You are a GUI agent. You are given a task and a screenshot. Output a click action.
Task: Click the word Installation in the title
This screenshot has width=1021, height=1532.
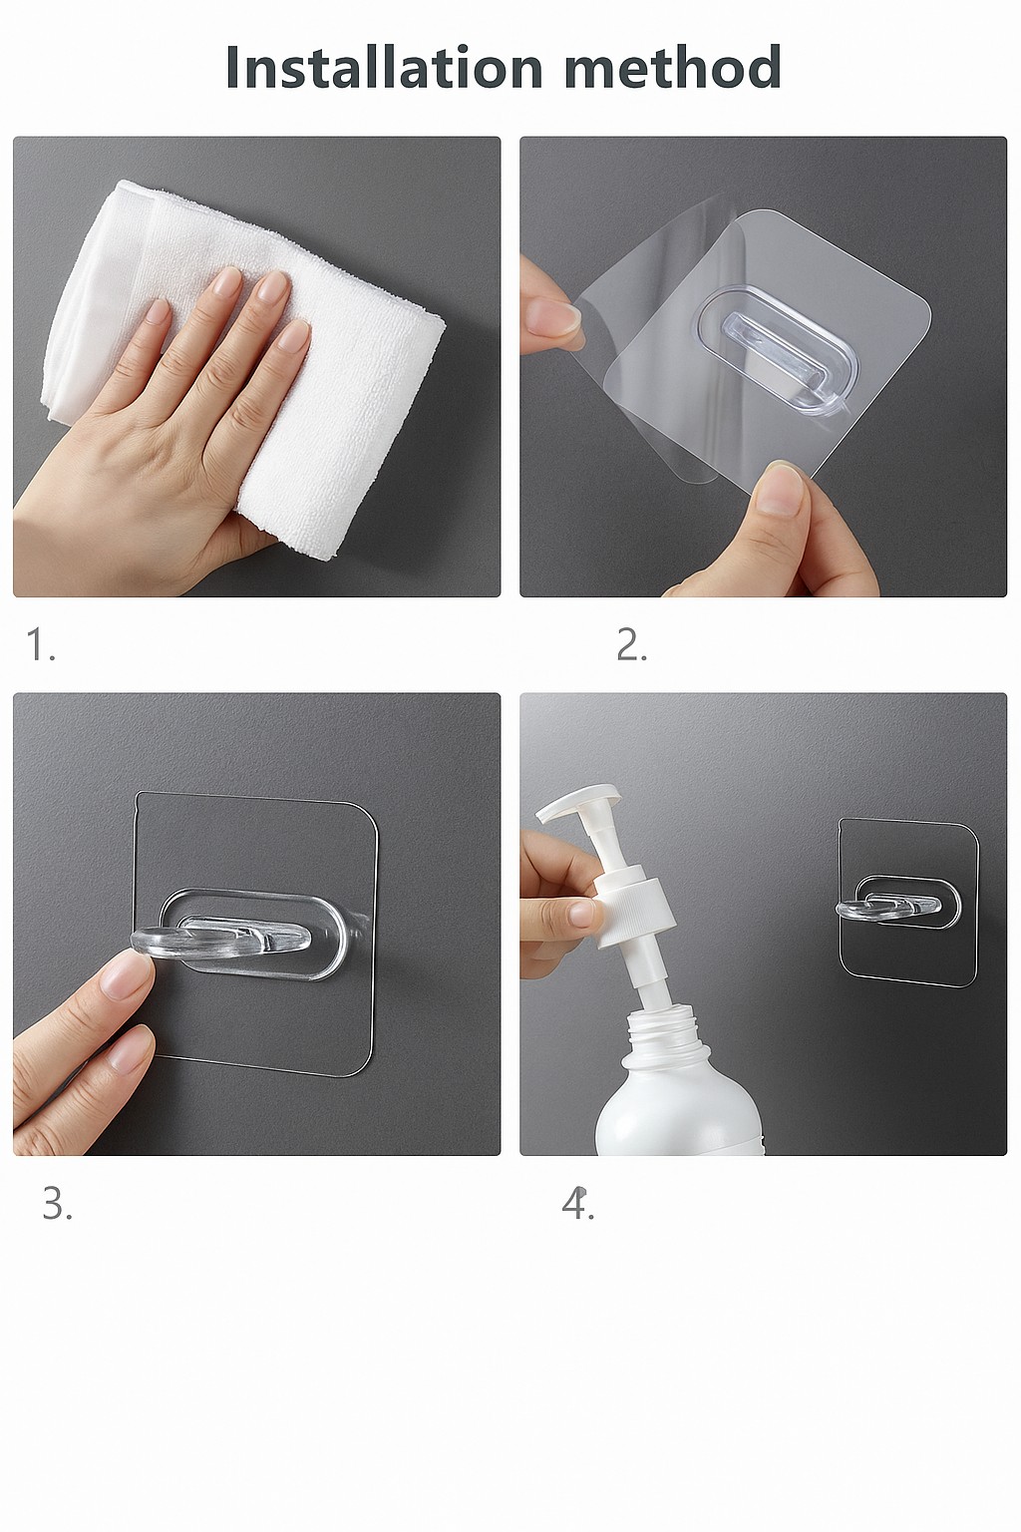coord(384,67)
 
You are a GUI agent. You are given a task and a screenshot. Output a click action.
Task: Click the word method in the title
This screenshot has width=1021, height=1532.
coord(674,67)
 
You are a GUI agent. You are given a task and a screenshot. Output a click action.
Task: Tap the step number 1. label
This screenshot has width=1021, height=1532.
coord(40,644)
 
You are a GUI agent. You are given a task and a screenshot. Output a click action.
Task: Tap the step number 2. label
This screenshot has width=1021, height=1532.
coord(631,644)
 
